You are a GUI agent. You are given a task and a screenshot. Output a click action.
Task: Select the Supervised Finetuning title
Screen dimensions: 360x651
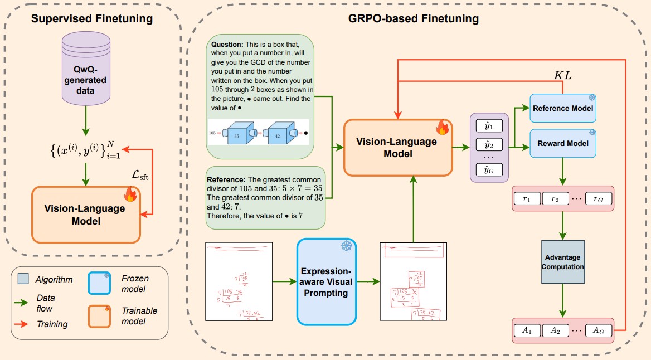(x=91, y=18)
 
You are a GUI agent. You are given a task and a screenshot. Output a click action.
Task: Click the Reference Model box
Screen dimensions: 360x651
(x=562, y=108)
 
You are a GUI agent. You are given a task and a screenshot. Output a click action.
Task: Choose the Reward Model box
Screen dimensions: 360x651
(x=562, y=143)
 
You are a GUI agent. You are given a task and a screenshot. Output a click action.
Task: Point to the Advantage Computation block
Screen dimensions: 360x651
(x=562, y=262)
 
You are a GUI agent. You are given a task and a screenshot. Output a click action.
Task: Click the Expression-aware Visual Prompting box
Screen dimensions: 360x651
(x=326, y=281)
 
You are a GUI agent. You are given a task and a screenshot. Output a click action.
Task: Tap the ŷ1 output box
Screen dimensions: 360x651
(x=488, y=125)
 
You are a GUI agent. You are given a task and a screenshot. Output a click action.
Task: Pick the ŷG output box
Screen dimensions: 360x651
(x=488, y=169)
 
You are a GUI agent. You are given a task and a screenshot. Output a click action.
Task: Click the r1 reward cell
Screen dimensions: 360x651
(x=526, y=198)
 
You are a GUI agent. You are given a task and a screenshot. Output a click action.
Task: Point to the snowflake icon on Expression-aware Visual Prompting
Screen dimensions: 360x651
(x=347, y=246)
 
